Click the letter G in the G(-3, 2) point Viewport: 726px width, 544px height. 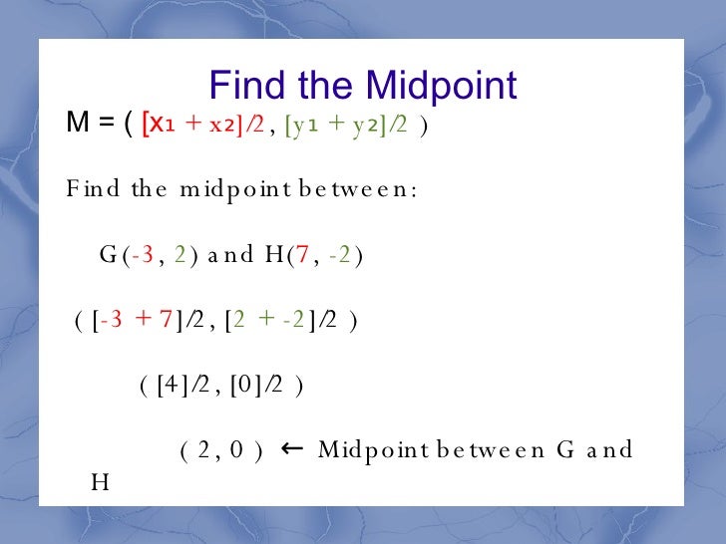pos(108,255)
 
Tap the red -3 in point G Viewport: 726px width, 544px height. pos(143,255)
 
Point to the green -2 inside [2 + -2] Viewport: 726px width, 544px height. pos(292,321)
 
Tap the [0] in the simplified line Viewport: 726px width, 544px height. pos(245,387)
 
